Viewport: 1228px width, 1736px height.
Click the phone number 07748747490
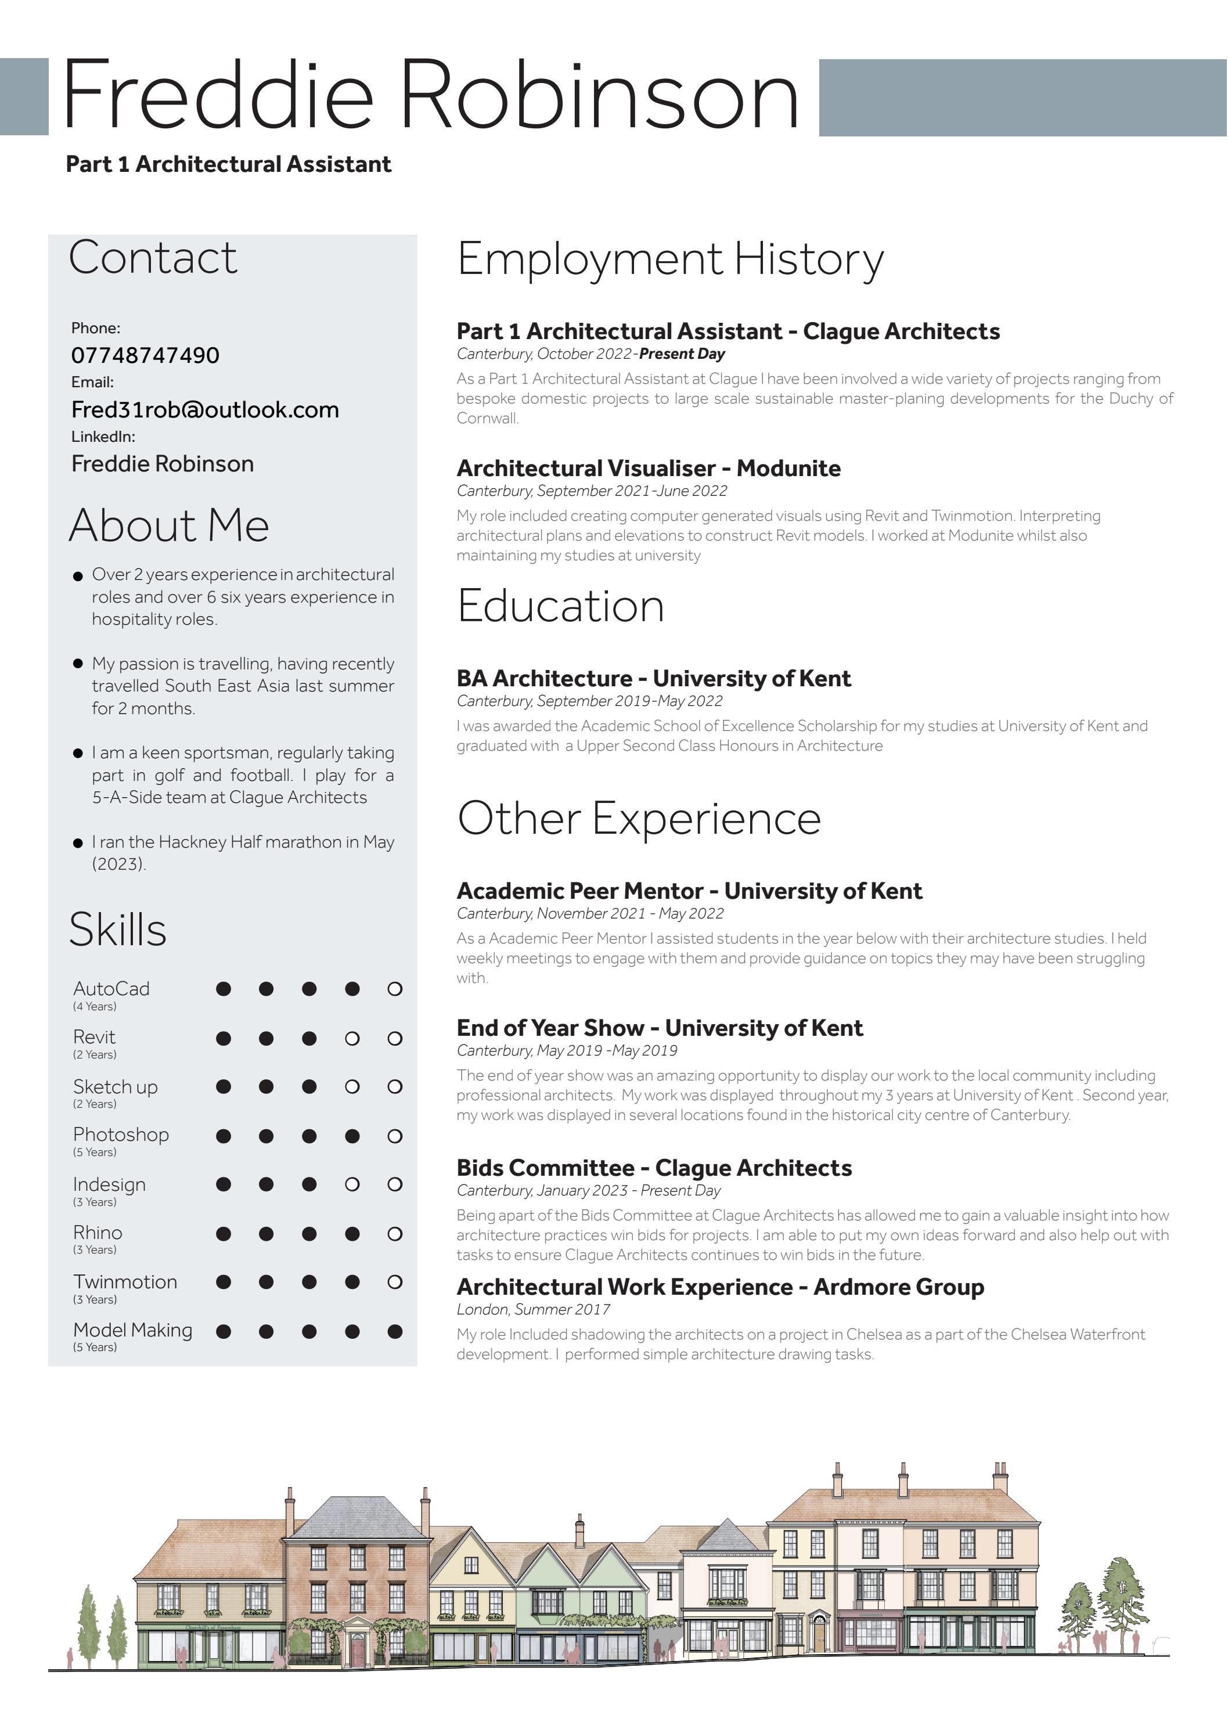point(145,355)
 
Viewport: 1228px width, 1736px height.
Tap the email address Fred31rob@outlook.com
point(205,410)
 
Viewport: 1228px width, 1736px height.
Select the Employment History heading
point(670,260)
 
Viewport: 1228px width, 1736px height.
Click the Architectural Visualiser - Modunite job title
point(648,468)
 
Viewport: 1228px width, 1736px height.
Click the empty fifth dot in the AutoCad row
point(395,989)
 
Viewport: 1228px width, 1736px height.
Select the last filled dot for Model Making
point(395,1331)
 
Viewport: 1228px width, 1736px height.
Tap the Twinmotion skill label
point(125,1281)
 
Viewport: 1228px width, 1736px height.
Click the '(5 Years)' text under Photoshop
point(95,1152)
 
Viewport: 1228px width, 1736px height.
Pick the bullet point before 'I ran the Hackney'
point(78,843)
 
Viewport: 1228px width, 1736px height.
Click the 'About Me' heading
point(168,525)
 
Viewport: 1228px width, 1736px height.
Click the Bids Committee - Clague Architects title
point(654,1168)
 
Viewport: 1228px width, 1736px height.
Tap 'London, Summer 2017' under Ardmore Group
point(533,1310)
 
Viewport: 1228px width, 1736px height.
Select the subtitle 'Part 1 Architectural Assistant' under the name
point(228,164)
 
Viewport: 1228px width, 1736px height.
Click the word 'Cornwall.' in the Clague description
point(488,418)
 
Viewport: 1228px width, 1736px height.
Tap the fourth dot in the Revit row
point(352,1039)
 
